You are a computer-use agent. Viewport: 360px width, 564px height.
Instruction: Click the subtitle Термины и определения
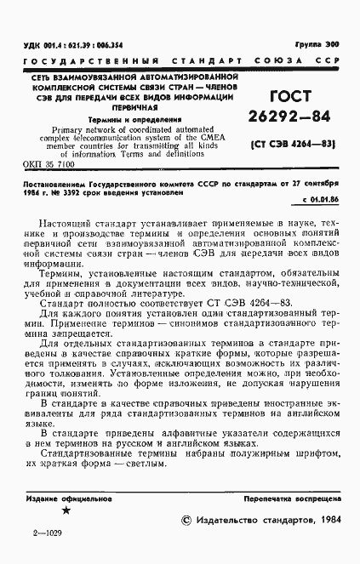tap(129, 120)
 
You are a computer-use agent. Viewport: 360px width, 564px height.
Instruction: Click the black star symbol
tap(66, 510)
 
